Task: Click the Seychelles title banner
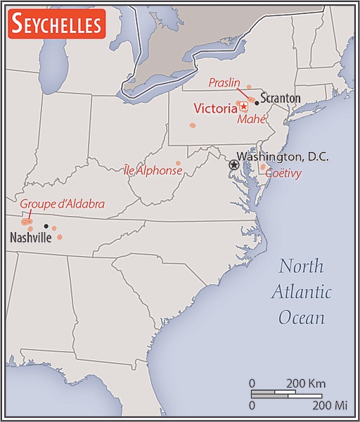pyautogui.click(x=56, y=23)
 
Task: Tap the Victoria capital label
pyautogui.click(x=215, y=109)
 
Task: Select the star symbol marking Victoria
pyautogui.click(x=244, y=106)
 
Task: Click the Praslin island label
pyautogui.click(x=225, y=83)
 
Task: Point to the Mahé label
pyautogui.click(x=251, y=119)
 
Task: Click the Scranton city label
pyautogui.click(x=281, y=98)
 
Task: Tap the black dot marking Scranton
pyautogui.click(x=257, y=103)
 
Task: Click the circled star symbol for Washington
pyautogui.click(x=234, y=164)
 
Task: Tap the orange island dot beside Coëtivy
pyautogui.click(x=262, y=167)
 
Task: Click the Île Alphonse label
pyautogui.click(x=153, y=170)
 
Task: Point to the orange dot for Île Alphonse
pyautogui.click(x=178, y=163)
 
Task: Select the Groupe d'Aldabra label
pyautogui.click(x=62, y=204)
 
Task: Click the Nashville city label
pyautogui.click(x=30, y=238)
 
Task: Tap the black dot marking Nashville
pyautogui.click(x=46, y=226)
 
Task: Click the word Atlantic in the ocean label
pyautogui.click(x=302, y=292)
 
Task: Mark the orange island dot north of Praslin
pyautogui.click(x=249, y=87)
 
